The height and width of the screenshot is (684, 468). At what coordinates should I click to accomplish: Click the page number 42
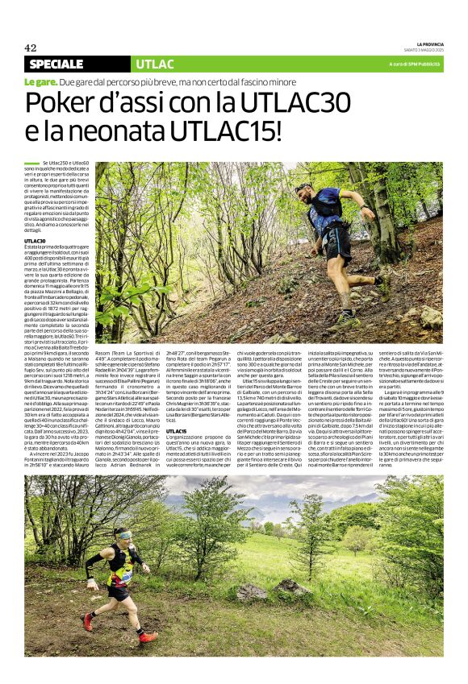click(x=31, y=48)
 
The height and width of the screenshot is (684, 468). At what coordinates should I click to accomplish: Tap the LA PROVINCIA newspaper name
click(x=429, y=44)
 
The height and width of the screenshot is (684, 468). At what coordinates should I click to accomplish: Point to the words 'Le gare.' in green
click(x=40, y=82)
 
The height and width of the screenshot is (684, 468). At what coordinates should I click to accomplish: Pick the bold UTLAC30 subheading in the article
click(x=35, y=241)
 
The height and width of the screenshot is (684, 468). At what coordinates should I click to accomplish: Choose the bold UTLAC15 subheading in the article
click(x=177, y=431)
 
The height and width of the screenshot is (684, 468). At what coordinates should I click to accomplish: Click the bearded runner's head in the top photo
click(x=303, y=193)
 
